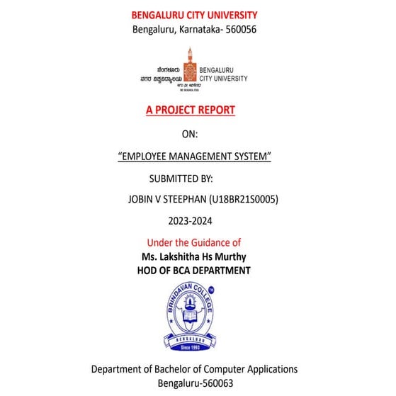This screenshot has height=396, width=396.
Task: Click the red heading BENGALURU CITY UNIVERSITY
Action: click(x=194, y=15)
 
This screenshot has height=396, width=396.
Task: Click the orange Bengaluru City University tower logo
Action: click(x=189, y=65)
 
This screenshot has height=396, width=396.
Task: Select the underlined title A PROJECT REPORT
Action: click(x=190, y=110)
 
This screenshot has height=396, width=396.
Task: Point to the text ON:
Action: click(x=190, y=133)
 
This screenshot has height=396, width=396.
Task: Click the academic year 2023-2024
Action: click(x=190, y=222)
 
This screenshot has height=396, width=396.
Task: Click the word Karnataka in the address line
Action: click(x=202, y=29)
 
